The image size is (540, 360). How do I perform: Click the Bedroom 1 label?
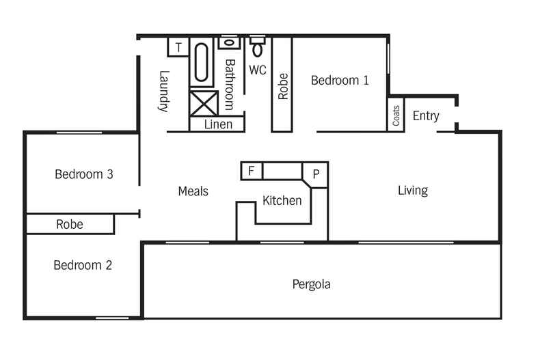(x=340, y=81)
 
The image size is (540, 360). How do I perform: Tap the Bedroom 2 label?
(x=83, y=265)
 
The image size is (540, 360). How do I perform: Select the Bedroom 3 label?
(x=83, y=174)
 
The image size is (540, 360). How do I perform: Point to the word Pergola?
(x=311, y=284)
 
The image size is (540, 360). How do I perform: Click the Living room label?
(x=412, y=191)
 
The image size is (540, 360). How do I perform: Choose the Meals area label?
(x=193, y=191)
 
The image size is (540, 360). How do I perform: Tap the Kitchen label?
(x=282, y=201)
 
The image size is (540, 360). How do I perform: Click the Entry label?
(x=425, y=116)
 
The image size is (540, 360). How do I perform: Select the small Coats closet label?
(x=396, y=115)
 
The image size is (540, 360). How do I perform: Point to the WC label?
(x=257, y=70)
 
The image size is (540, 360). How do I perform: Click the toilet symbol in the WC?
(x=258, y=47)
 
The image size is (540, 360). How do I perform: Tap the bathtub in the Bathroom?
(x=202, y=63)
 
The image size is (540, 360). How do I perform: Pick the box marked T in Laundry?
(x=178, y=47)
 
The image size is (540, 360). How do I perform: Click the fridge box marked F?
(x=252, y=171)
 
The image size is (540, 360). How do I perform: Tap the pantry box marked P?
(x=316, y=174)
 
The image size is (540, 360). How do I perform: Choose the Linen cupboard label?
(x=218, y=124)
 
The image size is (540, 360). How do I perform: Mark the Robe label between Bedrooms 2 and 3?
(x=70, y=224)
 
